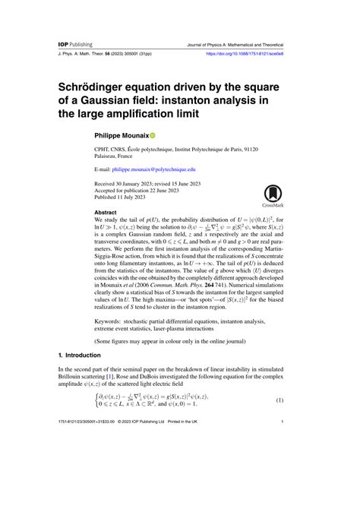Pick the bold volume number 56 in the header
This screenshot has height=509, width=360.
click(108, 55)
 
